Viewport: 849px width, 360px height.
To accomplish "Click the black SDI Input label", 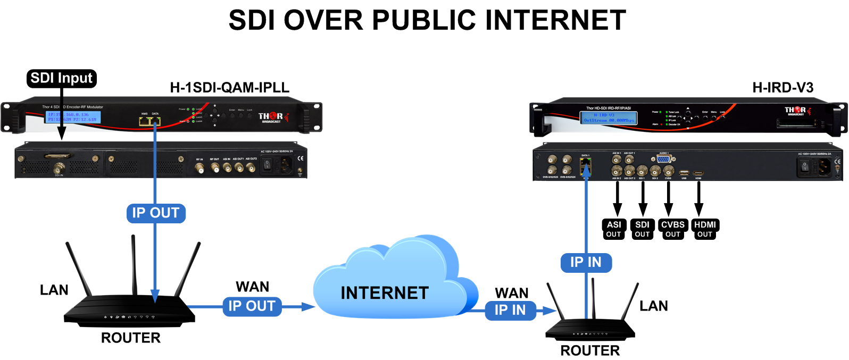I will point(61,78).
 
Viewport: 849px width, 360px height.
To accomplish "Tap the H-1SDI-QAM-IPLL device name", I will point(229,88).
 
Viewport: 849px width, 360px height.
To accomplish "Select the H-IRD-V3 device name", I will point(783,88).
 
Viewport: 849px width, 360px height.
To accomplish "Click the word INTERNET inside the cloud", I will point(385,293).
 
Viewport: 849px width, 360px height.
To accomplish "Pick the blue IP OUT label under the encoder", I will point(155,213).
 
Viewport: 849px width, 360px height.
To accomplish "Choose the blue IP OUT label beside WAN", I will point(252,306).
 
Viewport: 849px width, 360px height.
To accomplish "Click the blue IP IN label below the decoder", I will point(586,262).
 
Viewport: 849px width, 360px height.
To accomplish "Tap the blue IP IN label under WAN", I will point(510,310).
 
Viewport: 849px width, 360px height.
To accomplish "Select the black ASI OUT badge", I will point(614,229).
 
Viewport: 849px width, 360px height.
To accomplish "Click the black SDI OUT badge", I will point(642,229).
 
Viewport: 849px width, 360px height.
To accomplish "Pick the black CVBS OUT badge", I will point(673,229).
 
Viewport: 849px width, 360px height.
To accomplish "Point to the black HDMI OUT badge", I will point(705,229).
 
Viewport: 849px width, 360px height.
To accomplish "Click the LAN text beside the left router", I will point(54,290).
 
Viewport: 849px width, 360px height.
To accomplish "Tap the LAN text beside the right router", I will point(654,306).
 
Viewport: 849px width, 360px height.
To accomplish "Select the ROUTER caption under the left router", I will point(131,338).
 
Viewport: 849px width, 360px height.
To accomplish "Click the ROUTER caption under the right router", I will point(590,350).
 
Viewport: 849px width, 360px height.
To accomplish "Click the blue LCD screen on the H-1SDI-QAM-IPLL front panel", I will point(73,117).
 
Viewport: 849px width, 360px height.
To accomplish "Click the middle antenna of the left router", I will point(134,266).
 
